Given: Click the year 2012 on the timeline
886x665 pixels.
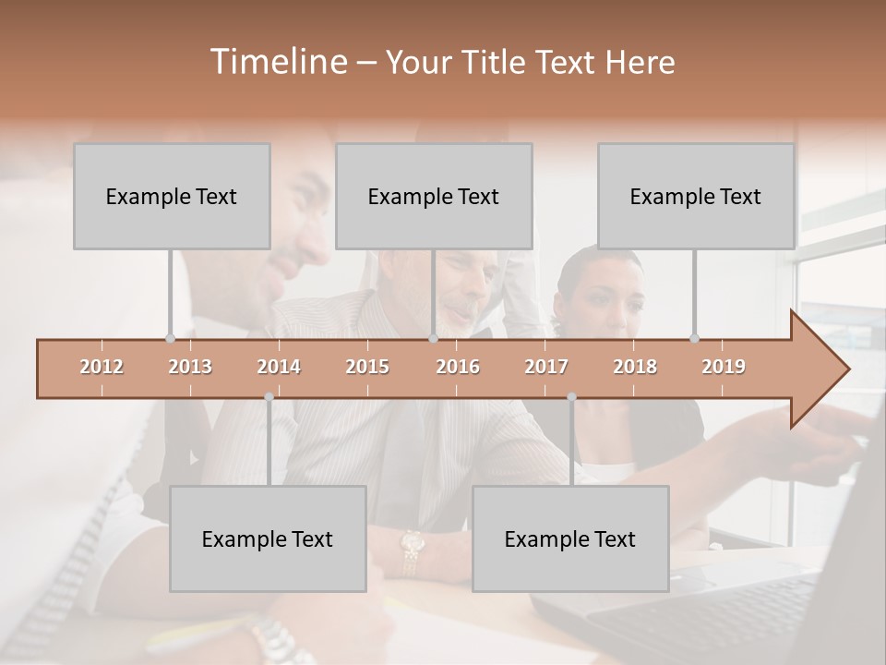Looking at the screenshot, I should (x=102, y=367).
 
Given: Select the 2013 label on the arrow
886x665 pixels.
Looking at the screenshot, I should (x=190, y=367).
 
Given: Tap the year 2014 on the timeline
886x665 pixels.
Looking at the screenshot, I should (x=279, y=367).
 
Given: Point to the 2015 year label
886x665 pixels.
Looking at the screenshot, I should (x=367, y=367).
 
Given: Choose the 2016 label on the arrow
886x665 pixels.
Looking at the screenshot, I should (x=458, y=367).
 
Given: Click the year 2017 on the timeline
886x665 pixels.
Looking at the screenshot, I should (x=546, y=367).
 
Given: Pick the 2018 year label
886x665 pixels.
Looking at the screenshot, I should (x=635, y=367).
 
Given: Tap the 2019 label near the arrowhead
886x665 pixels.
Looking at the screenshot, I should (x=724, y=367).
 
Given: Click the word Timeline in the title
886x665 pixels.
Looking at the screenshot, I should (x=277, y=62).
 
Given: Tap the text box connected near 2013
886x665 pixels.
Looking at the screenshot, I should (x=172, y=196).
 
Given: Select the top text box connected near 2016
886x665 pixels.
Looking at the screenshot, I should (x=434, y=196).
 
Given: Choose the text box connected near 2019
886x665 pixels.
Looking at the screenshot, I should (x=696, y=196).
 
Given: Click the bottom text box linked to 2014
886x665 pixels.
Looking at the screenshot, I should (x=268, y=538).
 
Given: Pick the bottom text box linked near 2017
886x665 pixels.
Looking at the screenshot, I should (x=570, y=538).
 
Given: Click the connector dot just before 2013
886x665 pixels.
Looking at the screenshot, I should (x=170, y=338).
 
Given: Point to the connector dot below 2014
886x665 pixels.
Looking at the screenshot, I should (x=269, y=397).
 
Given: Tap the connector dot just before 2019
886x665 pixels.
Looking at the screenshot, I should (x=695, y=338).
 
